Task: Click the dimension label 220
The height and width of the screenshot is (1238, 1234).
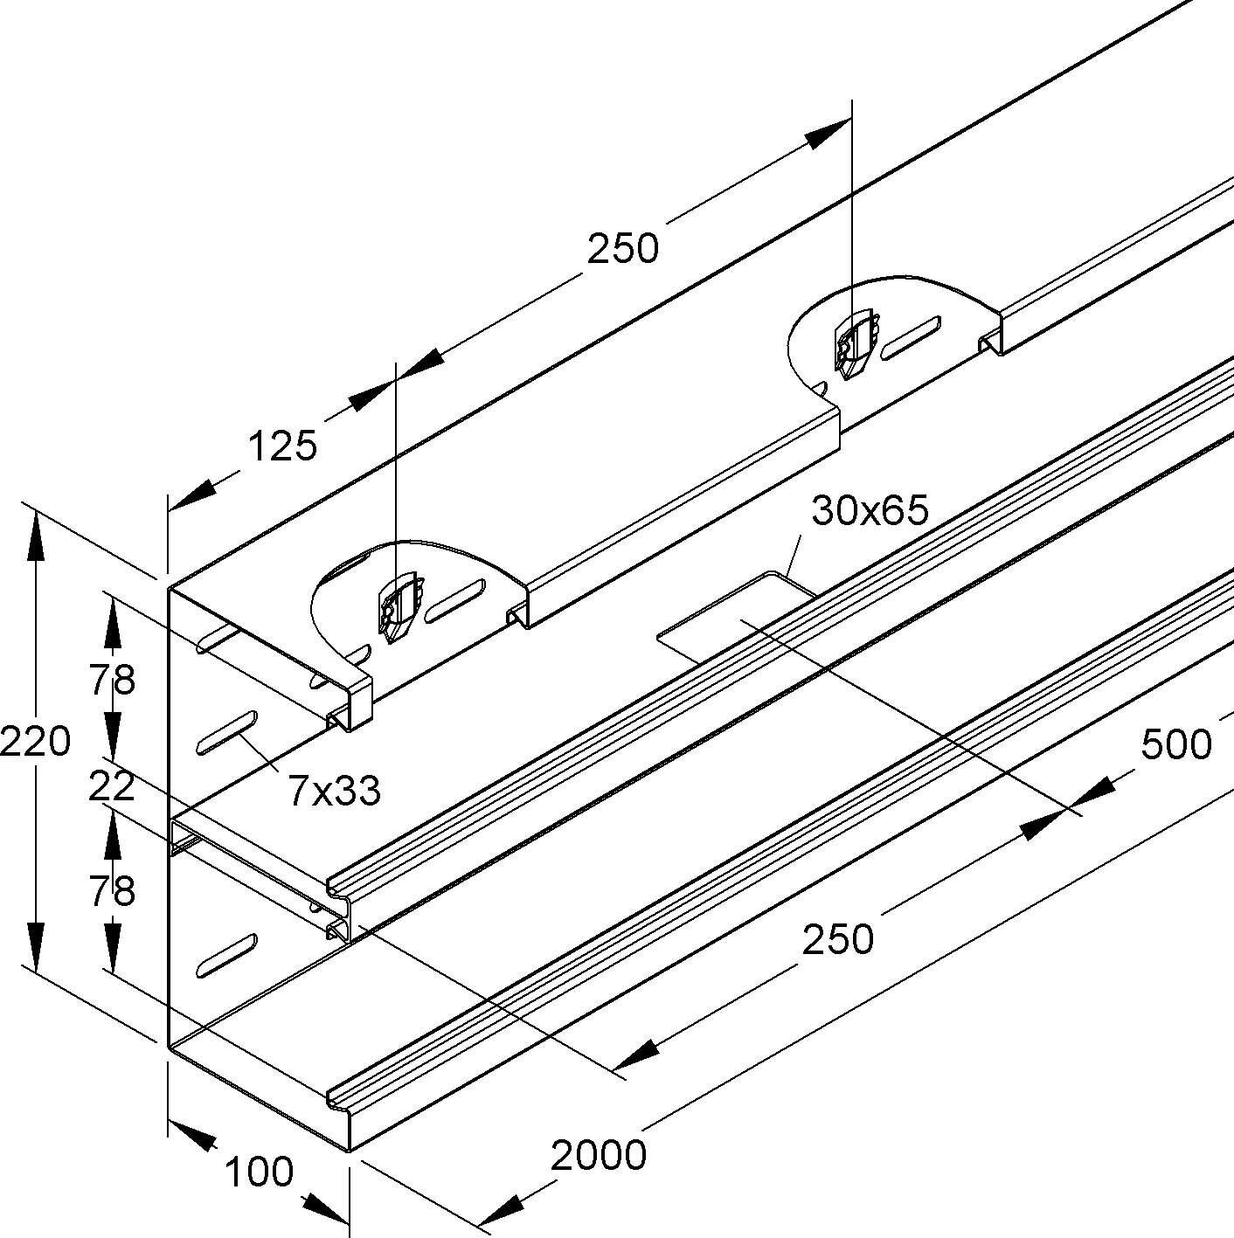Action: [x=35, y=743]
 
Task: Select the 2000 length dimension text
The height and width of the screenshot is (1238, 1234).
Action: [x=599, y=1156]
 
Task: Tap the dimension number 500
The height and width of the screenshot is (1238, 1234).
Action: [x=1175, y=744]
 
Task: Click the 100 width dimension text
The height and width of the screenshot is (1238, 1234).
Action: [x=259, y=1172]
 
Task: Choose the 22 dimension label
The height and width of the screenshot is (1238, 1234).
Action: [x=112, y=786]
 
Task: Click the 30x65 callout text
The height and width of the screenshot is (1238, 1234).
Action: [x=870, y=510]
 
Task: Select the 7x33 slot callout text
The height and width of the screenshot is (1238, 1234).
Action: [x=335, y=791]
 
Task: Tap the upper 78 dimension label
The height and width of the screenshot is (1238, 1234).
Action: [x=112, y=680]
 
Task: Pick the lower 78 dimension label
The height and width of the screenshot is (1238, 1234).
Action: [x=112, y=891]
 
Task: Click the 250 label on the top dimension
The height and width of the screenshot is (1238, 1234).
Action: [x=622, y=249]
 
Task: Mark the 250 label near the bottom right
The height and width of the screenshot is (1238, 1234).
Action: [x=838, y=939]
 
